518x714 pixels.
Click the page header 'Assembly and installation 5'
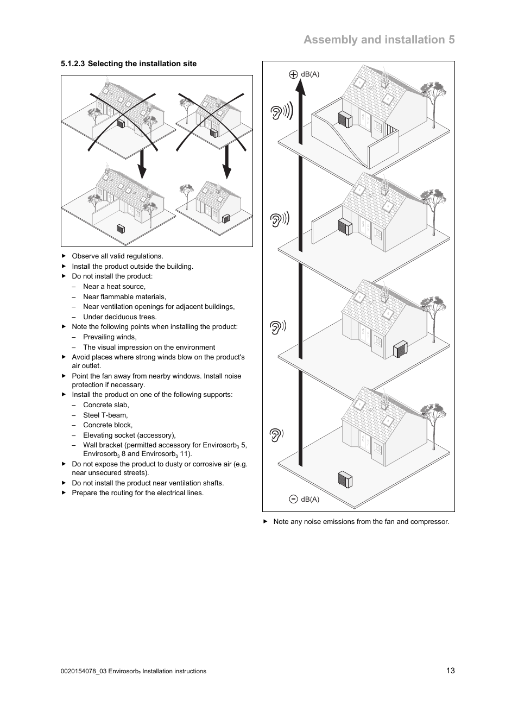[x=379, y=40]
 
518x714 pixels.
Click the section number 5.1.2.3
[x=73, y=64]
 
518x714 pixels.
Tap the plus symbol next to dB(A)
[x=293, y=74]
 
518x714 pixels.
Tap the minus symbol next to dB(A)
[x=293, y=499]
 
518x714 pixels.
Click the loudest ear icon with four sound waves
[x=281, y=112]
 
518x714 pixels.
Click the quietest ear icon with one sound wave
[x=276, y=434]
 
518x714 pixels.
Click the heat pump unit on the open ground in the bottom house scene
[x=345, y=480]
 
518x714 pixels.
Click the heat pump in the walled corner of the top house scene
[x=345, y=119]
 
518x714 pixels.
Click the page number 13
[x=450, y=671]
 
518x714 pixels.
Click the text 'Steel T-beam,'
[x=105, y=415]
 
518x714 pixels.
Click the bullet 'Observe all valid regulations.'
[x=117, y=256]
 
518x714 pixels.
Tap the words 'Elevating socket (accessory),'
[x=129, y=435]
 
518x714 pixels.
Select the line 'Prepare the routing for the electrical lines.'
[x=137, y=492]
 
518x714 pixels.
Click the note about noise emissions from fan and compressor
[x=361, y=521]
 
